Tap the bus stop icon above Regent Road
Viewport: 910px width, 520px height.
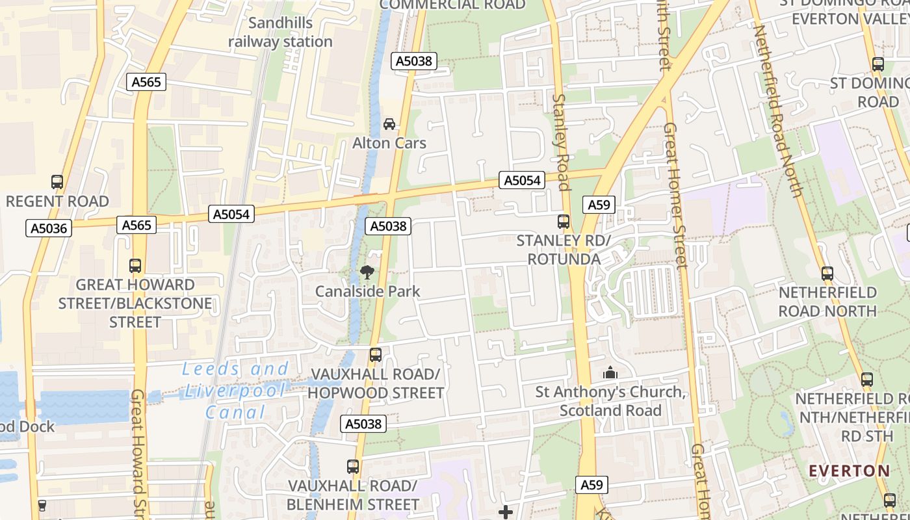coord(57,182)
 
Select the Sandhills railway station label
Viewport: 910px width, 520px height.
coord(280,32)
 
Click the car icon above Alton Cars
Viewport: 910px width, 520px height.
coord(389,124)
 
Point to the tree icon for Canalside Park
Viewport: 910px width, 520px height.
coord(367,272)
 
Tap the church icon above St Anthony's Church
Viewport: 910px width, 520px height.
coord(610,373)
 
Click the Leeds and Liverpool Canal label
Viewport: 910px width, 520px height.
coord(235,391)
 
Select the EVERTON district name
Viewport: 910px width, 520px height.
coord(850,471)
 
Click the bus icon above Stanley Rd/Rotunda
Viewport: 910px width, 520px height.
coord(564,222)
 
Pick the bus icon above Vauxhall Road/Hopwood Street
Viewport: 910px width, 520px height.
coord(376,355)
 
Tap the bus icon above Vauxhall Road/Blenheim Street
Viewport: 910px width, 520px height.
coord(353,467)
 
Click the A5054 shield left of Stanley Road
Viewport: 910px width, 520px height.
coord(521,180)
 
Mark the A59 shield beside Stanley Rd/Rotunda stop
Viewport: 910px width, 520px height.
coord(599,205)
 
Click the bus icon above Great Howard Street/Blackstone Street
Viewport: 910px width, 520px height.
coord(135,266)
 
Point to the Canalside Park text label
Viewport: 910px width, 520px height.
coord(368,291)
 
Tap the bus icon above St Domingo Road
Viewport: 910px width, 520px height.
coord(878,64)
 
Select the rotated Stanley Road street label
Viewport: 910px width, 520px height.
coord(561,142)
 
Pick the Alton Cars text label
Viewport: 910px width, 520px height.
coord(389,143)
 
